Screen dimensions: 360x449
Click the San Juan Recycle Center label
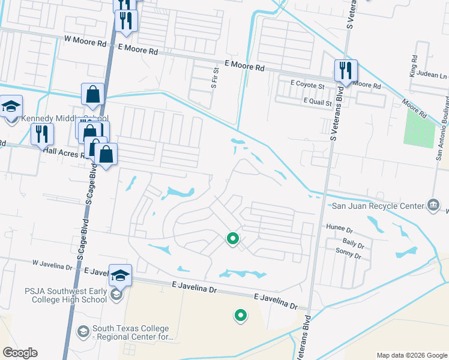(378, 206)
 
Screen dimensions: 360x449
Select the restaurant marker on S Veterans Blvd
(345, 70)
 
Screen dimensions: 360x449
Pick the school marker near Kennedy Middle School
(11, 106)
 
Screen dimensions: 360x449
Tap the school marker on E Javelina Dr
(120, 275)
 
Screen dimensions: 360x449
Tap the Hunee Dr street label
(339, 227)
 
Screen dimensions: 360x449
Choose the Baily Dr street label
(354, 242)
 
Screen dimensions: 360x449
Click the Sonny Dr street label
(349, 256)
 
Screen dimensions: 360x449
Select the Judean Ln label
(435, 76)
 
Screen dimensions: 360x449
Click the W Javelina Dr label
(52, 264)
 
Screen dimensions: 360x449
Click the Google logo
(20, 353)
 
